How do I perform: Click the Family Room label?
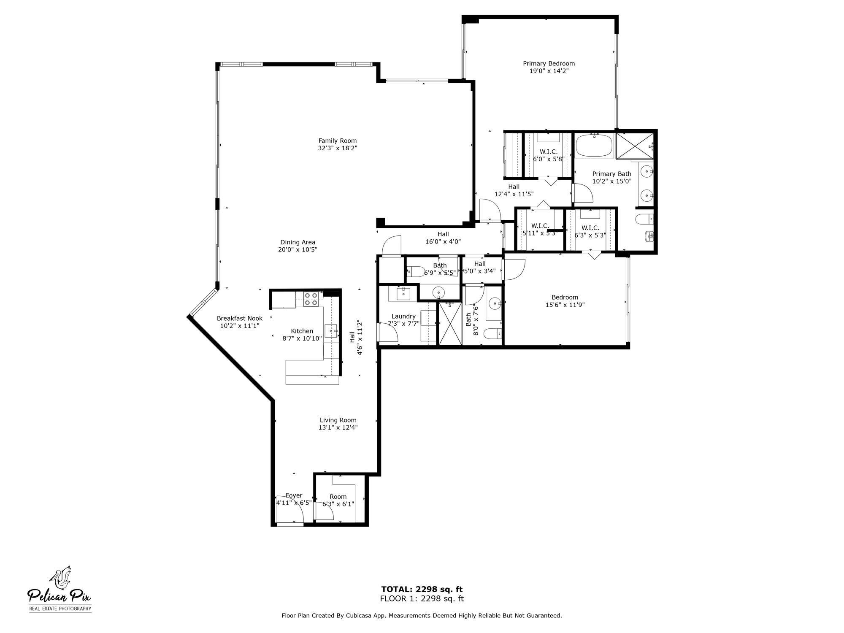click(337, 141)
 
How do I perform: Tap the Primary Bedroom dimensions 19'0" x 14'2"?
click(549, 71)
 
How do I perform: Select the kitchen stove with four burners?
click(311, 299)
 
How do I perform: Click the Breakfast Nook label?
click(239, 319)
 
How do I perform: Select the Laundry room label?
click(403, 316)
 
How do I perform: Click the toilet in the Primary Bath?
click(644, 220)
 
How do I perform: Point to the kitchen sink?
click(331, 331)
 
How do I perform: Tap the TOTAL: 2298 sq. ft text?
click(422, 590)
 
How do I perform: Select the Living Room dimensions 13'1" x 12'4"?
click(338, 427)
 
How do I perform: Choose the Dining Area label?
click(298, 243)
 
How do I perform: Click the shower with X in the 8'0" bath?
click(450, 324)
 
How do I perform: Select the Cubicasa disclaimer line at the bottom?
click(422, 616)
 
